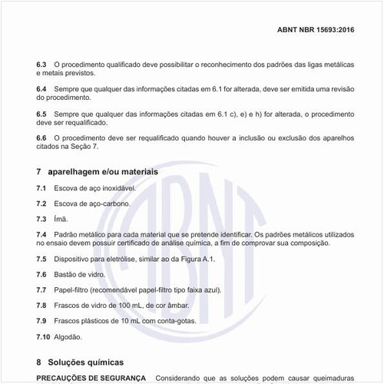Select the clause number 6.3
42,65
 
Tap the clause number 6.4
42,90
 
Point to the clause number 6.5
42,114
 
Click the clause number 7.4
42,233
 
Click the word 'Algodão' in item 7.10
68,336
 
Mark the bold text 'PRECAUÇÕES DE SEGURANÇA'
91,378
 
